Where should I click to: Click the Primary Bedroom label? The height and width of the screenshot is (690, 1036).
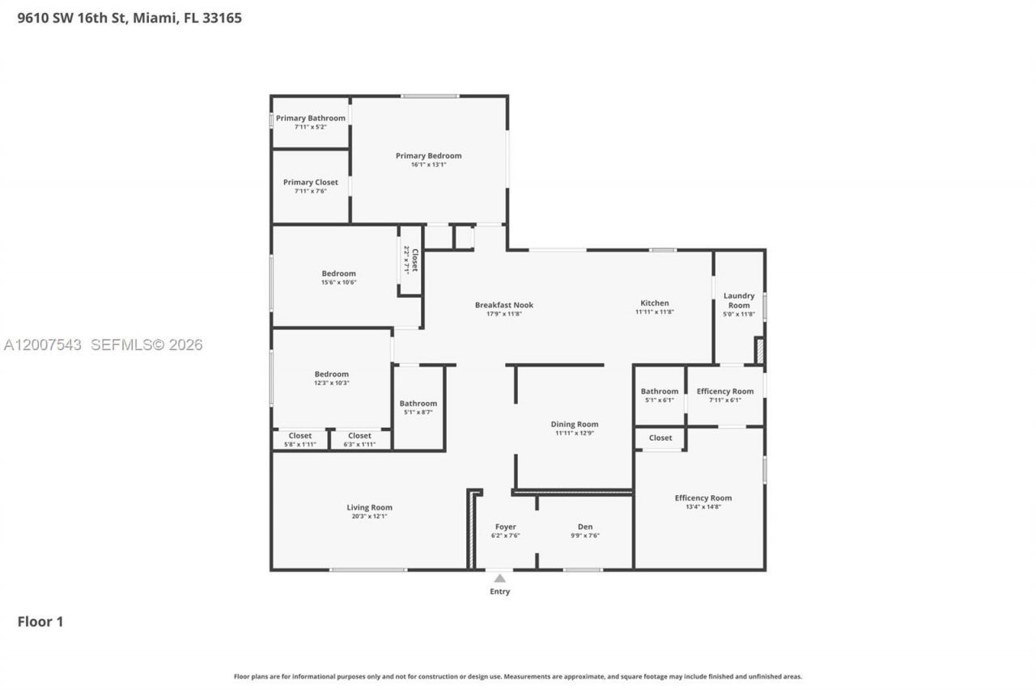(428, 156)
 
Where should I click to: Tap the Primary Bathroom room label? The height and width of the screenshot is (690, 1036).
(310, 118)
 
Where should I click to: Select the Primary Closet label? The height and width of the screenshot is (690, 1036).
(310, 183)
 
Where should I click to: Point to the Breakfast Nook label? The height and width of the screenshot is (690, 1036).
(503, 305)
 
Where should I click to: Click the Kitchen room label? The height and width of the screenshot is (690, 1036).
(654, 303)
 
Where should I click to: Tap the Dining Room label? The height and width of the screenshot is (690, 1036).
(574, 425)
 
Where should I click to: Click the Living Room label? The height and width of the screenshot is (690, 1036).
(369, 508)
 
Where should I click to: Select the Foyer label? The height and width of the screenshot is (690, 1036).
(505, 527)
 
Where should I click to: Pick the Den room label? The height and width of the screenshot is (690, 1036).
(584, 527)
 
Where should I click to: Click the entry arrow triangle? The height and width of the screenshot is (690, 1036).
(500, 578)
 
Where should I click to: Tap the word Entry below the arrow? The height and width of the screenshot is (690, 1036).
(500, 592)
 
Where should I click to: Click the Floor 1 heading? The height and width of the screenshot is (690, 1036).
(40, 622)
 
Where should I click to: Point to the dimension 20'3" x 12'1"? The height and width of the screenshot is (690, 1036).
(369, 517)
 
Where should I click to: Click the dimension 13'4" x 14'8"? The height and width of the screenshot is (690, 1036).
(703, 507)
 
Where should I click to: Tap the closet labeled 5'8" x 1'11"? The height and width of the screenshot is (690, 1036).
(299, 440)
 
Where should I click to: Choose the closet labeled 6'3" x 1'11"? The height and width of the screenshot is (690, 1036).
(359, 440)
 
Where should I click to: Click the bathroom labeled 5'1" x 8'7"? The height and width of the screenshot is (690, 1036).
(418, 408)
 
